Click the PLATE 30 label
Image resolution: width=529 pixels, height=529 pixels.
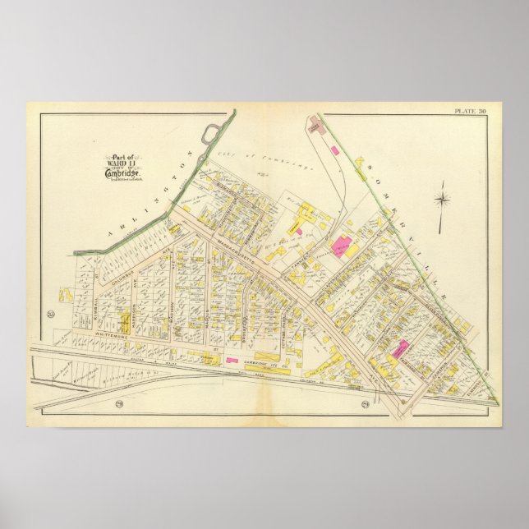(x=471, y=110)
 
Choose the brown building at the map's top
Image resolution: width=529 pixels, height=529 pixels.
(x=315, y=125)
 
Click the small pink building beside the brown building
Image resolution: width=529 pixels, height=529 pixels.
(x=334, y=150)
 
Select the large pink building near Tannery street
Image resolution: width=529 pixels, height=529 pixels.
(x=342, y=244)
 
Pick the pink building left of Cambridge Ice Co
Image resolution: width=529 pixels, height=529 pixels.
(x=231, y=359)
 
